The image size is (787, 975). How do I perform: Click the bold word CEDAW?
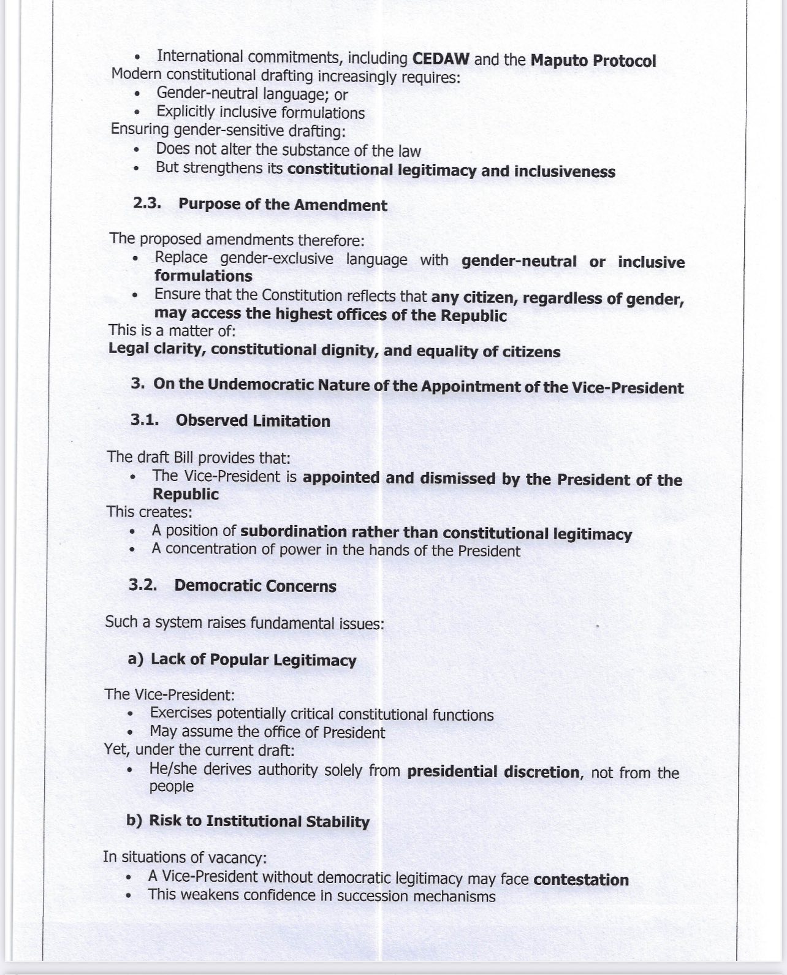click(441, 59)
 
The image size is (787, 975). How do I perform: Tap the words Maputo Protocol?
click(593, 61)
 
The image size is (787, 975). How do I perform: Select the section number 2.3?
click(147, 203)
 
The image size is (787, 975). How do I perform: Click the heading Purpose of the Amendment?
click(283, 205)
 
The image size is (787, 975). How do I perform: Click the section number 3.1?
click(145, 420)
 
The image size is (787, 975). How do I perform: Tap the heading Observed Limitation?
click(253, 421)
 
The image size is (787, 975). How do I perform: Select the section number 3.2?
click(143, 585)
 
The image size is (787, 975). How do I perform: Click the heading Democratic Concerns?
click(255, 586)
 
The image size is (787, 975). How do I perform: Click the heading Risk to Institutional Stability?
click(259, 821)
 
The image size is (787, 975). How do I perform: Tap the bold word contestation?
click(581, 879)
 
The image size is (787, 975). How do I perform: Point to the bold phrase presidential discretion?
click(493, 772)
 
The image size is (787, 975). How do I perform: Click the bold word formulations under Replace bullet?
click(203, 276)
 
